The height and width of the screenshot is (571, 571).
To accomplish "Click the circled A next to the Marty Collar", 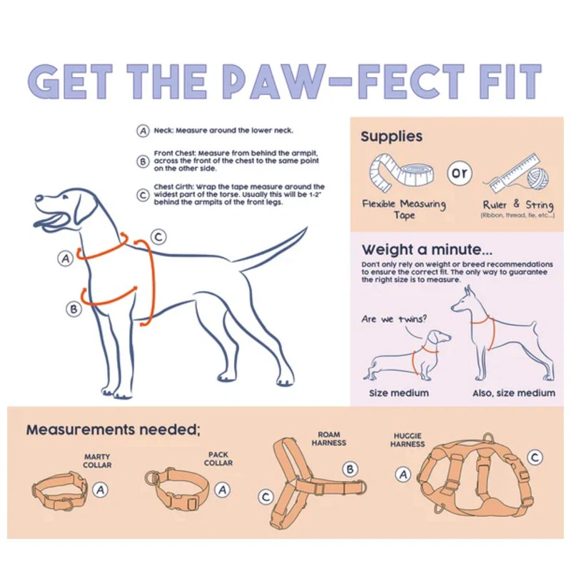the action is coord(101,490).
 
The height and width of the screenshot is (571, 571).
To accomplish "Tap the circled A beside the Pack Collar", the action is coord(223,490).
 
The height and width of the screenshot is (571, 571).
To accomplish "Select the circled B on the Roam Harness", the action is coord(350,469).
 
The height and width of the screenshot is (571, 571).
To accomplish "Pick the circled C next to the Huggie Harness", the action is coord(535,458).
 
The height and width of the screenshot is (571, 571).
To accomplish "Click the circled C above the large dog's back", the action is coord(158,237).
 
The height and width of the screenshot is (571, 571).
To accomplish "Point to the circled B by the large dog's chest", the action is coord(74,309).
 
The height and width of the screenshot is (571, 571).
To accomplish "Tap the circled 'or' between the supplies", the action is coord(460,173).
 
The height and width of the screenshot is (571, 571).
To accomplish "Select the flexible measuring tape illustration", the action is coord(402,172).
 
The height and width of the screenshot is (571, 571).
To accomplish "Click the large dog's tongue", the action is coord(50,221).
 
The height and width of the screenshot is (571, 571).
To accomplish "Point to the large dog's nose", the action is coord(39,198).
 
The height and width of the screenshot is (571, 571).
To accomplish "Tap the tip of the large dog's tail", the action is coord(307,228).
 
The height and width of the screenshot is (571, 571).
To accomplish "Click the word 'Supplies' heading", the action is coord(391,136).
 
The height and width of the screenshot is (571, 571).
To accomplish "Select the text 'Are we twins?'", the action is coord(394,319).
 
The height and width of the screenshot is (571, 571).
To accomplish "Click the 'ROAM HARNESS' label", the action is coord(329,439).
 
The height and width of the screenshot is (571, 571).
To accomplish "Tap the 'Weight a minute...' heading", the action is coord(427,250).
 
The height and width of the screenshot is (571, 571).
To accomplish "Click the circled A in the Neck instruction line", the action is coord(143,131).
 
